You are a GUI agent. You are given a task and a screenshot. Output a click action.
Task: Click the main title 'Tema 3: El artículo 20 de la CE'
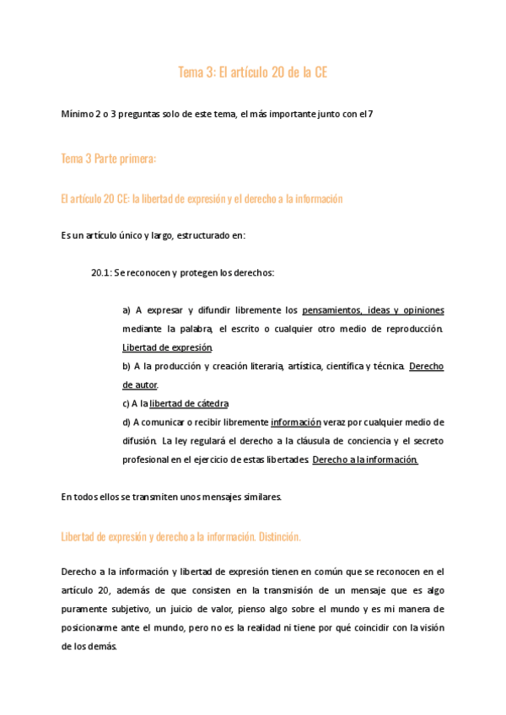click(252, 73)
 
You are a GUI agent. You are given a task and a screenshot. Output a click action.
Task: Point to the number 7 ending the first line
click(370, 115)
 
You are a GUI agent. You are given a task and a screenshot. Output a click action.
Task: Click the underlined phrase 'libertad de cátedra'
click(189, 403)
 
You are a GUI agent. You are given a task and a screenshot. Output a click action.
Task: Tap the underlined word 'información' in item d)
click(296, 422)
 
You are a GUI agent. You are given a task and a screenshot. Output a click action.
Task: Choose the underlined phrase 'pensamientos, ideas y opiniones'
click(373, 310)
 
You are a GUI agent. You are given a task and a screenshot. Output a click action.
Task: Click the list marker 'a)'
click(126, 310)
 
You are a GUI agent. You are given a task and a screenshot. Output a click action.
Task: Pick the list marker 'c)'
click(126, 403)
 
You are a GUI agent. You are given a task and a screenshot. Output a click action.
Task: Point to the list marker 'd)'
click(126, 422)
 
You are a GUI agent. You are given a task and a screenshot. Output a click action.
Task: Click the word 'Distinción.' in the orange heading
click(279, 536)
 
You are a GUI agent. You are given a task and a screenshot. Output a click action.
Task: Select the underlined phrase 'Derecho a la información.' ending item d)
click(365, 460)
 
